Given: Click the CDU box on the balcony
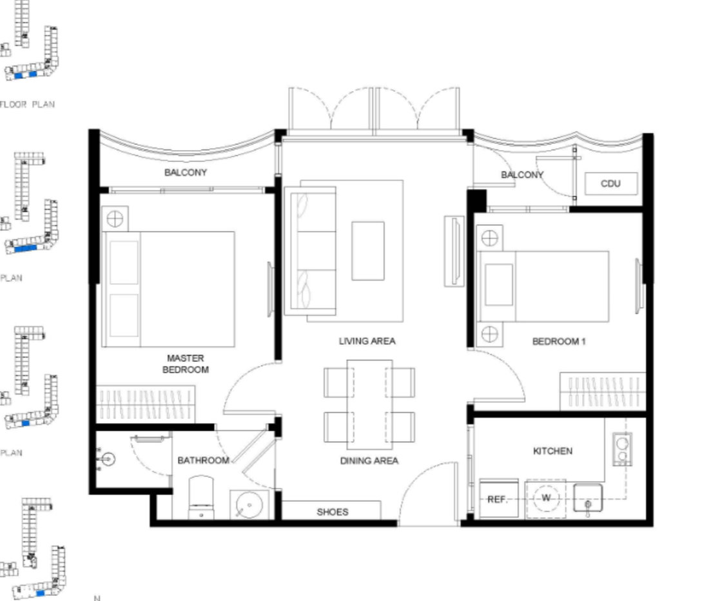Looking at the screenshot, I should pos(610,183).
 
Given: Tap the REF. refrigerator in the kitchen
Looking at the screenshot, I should pos(498,498).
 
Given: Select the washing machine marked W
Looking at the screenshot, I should pos(546,498).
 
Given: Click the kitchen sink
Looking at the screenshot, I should pos(588,498).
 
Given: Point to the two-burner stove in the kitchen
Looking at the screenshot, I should pos(622,449).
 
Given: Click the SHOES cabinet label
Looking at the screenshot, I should pos(332,512).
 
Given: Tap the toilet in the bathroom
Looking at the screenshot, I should pos(201,498).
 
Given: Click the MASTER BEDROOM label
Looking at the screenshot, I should pos(186,364).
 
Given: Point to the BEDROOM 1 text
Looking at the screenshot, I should pos(558,341).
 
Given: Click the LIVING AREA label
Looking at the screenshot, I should pos(367,341).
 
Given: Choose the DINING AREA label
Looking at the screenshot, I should pos(369,461).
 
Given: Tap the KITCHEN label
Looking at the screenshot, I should pos(552,451).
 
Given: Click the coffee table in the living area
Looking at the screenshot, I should pos(368,251).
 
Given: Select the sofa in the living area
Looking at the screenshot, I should pos(311,251).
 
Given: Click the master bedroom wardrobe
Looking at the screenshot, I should pos(146,404).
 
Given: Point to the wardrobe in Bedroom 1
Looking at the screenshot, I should pos(602,391).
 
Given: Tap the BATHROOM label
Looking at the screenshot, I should pos(204,460).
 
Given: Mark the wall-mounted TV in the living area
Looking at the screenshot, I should pos(454,251).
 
